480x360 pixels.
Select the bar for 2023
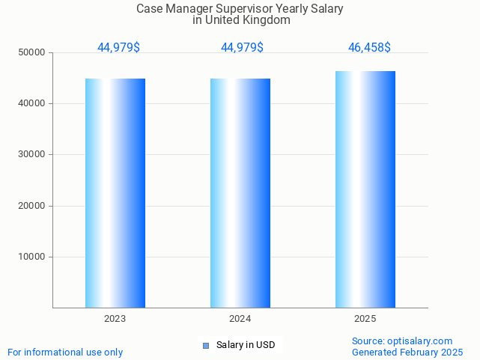[x=115, y=193]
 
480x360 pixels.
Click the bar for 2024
[x=240, y=193]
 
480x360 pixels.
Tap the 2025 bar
[x=365, y=189]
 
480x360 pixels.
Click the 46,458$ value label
[x=369, y=48]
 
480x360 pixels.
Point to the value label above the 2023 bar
[x=118, y=48]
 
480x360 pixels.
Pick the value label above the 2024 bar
[x=242, y=48]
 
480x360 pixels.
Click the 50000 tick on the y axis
[x=32, y=52]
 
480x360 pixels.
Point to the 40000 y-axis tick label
[x=32, y=103]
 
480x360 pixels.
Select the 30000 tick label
[x=32, y=154]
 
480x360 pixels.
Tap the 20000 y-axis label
[x=32, y=206]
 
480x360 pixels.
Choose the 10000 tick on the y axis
[x=32, y=257]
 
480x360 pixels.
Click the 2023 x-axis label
[x=115, y=319]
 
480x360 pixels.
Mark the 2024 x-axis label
[x=240, y=319]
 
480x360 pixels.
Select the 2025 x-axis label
[x=365, y=319]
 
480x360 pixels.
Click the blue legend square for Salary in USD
[x=206, y=345]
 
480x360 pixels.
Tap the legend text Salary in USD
[x=246, y=345]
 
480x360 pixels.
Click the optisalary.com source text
[x=419, y=341]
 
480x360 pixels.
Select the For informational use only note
[x=65, y=352]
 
